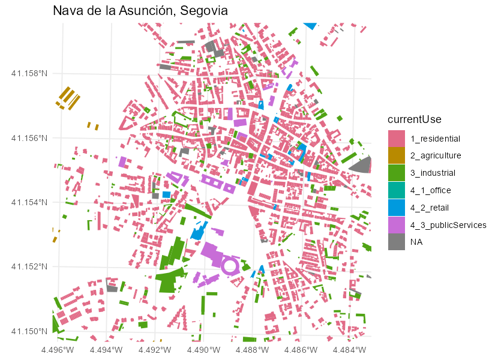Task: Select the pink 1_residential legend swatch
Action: [x=397, y=139]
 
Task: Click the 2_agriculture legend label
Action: [x=436, y=155]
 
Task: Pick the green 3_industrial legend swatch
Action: [x=397, y=173]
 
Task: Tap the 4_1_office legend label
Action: [x=430, y=190]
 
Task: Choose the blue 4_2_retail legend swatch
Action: [x=397, y=208]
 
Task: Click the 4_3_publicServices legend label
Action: [x=448, y=225]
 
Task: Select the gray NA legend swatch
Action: [x=397, y=242]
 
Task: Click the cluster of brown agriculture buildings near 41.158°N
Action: [x=68, y=98]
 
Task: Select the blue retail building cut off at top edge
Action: [x=310, y=25]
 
